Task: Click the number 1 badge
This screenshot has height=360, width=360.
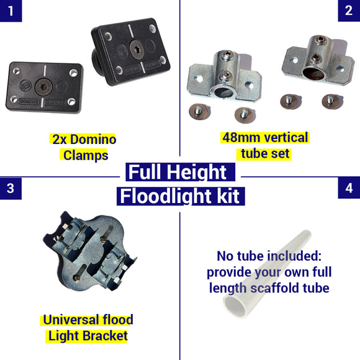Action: (11, 11)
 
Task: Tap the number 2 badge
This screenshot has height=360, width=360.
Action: (349, 11)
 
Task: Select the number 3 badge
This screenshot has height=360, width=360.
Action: (11, 188)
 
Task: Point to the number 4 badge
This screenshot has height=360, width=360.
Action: (349, 188)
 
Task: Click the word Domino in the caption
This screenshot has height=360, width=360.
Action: (92, 139)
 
